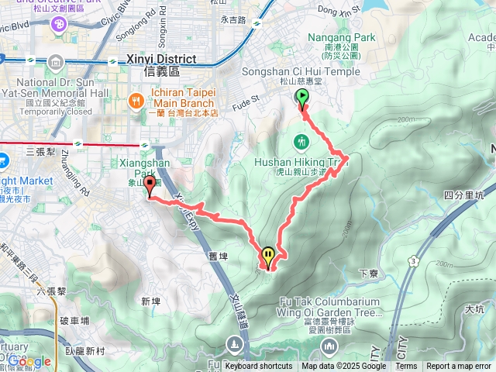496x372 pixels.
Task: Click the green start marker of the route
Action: [301, 98]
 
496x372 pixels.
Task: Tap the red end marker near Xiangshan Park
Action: [149, 186]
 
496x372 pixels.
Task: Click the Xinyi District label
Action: [163, 59]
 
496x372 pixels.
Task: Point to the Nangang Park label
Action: [341, 37]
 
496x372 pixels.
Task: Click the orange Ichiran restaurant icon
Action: [136, 101]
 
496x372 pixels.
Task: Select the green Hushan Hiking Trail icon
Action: [301, 142]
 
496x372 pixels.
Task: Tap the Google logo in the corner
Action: [29, 361]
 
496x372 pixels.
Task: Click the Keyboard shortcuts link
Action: [259, 367]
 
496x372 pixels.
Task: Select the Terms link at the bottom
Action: [406, 367]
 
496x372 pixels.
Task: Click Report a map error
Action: [458, 367]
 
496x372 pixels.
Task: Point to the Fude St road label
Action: [246, 100]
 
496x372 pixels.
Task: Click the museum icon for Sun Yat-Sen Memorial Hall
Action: [57, 62]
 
